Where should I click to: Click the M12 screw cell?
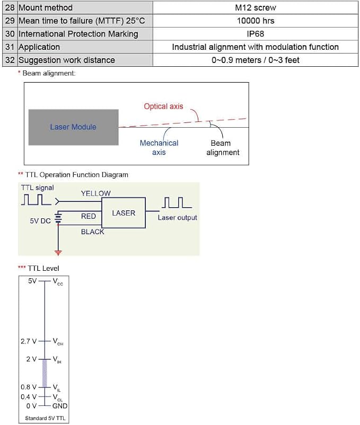click(256, 7)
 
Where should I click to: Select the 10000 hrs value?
click(256, 21)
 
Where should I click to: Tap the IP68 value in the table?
click(256, 34)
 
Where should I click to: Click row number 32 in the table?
click(10, 60)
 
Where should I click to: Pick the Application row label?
click(39, 47)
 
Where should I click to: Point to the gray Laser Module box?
click(74, 127)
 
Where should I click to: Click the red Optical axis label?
click(163, 106)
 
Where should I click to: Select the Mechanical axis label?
click(159, 147)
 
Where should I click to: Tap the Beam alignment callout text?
click(223, 148)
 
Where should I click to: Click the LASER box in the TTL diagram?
click(124, 213)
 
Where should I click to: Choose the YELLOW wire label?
click(95, 193)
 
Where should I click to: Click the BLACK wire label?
click(92, 232)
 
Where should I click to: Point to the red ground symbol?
click(58, 253)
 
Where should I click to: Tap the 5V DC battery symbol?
click(58, 218)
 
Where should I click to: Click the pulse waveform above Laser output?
click(177, 202)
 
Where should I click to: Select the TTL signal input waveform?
click(36, 199)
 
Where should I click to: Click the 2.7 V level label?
click(29, 341)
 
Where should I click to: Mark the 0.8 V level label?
click(29, 387)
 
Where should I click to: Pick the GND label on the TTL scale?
click(60, 406)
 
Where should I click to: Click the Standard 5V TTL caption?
click(45, 418)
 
